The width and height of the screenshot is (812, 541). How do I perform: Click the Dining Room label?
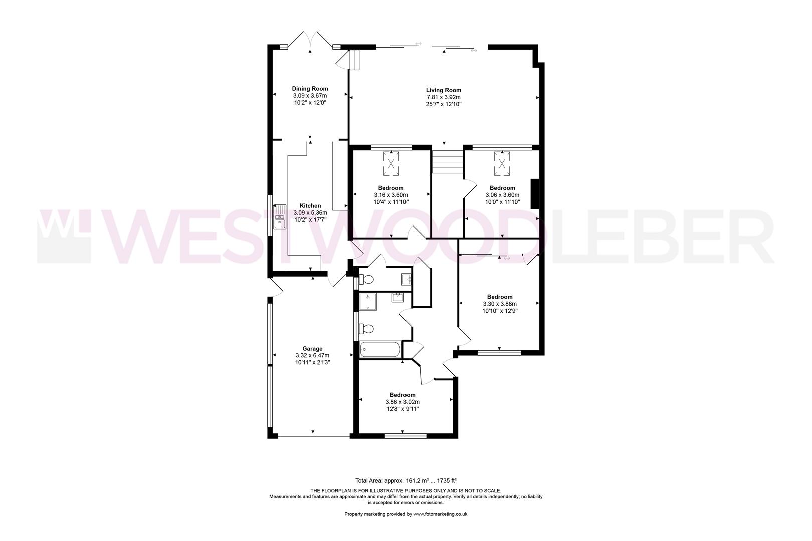pyautogui.click(x=310, y=89)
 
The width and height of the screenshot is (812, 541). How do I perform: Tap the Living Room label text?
pyautogui.click(x=443, y=90)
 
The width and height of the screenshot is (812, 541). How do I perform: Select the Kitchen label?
pyautogui.click(x=310, y=206)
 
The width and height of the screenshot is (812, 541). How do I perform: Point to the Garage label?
pyautogui.click(x=312, y=349)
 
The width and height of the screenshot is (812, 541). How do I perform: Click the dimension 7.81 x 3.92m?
pyautogui.click(x=443, y=97)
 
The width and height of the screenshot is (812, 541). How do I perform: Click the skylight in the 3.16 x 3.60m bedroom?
pyautogui.click(x=391, y=163)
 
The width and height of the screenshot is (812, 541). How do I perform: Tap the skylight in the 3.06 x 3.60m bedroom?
pyautogui.click(x=502, y=163)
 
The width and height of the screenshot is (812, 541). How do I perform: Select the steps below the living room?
pyautogui.click(x=447, y=163)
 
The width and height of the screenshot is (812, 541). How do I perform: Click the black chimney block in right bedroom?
pyautogui.click(x=534, y=193)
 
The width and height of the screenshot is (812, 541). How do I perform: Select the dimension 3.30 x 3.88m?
pyautogui.click(x=499, y=304)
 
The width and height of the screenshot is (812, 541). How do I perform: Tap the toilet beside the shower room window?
pyautogui.click(x=367, y=329)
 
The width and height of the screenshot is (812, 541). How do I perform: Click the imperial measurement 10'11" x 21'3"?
pyautogui.click(x=312, y=362)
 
